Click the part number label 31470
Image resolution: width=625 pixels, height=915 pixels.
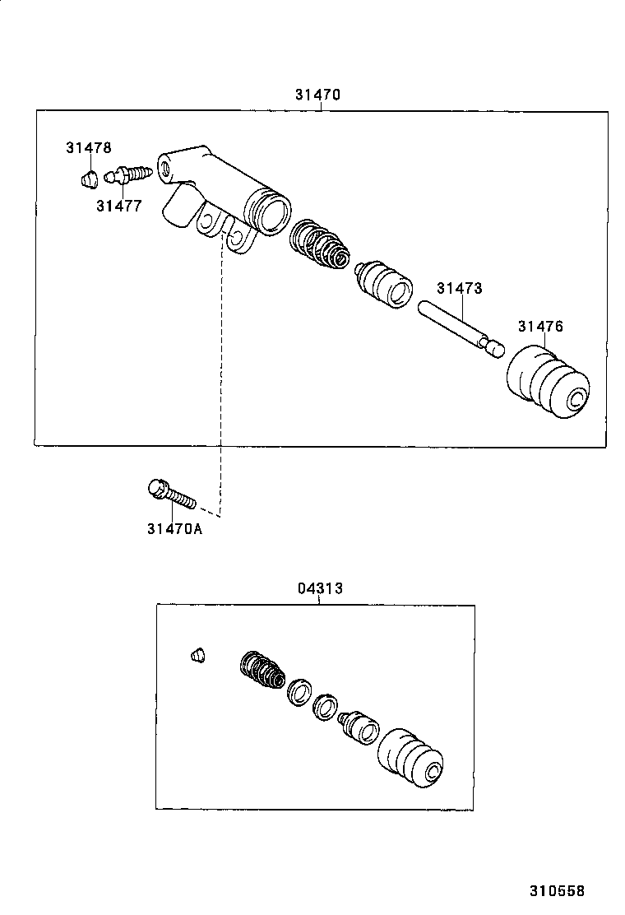click(317, 95)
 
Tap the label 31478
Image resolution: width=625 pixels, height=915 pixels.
click(88, 148)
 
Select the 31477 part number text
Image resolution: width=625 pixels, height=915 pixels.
click(118, 206)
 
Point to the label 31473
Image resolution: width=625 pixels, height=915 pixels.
click(459, 288)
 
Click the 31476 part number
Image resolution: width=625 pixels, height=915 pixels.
click(540, 327)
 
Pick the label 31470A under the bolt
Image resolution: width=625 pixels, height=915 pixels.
click(174, 529)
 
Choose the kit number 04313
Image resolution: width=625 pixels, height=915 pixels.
click(320, 588)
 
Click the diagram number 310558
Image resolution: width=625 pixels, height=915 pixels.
click(557, 890)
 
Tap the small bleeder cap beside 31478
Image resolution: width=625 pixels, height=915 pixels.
click(90, 178)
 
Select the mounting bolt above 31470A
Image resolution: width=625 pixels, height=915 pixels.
click(171, 494)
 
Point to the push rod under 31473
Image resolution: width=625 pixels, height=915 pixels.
click(461, 330)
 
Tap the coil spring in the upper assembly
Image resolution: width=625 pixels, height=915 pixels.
click(320, 244)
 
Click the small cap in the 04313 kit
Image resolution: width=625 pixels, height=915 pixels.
click(197, 655)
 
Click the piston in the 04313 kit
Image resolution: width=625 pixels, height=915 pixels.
click(359, 725)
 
